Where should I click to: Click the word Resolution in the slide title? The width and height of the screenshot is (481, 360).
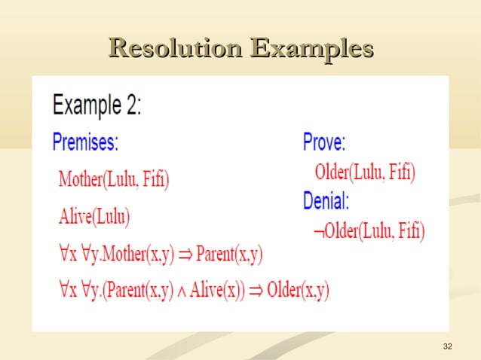(x=176, y=49)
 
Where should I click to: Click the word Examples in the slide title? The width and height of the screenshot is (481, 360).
(x=312, y=49)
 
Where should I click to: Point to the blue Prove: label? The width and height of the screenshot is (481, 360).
(x=324, y=142)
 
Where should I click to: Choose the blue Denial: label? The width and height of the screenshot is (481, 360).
(x=326, y=201)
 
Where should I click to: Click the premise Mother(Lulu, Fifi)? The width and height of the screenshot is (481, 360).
(x=114, y=179)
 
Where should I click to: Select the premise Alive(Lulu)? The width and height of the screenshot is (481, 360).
(x=94, y=217)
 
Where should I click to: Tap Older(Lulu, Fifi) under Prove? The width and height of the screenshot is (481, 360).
(x=364, y=172)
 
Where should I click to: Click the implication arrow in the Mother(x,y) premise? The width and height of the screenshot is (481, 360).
(x=184, y=255)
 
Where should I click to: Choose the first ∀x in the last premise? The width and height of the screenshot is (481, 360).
(x=66, y=291)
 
